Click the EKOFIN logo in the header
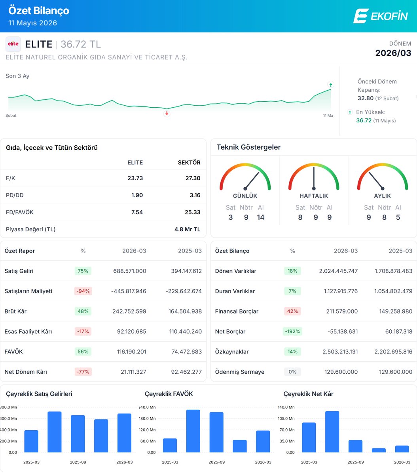(381, 16)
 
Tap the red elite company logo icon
(13, 44)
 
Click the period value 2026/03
(393, 53)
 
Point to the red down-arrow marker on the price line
(167, 114)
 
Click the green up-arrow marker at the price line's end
(330, 85)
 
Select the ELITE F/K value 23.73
(135, 178)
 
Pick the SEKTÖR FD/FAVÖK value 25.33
(192, 212)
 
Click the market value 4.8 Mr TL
(187, 229)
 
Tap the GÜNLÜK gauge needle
(252, 180)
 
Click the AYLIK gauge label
(382, 196)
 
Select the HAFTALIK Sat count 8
(300, 217)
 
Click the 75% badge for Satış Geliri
(83, 271)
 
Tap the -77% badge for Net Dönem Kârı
(83, 372)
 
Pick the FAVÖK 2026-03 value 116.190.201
(131, 351)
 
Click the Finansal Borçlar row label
(237, 311)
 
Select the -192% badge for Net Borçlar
(292, 331)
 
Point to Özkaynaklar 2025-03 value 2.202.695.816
(393, 351)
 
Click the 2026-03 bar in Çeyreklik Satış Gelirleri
(124, 433)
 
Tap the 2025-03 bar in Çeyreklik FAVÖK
(170, 445)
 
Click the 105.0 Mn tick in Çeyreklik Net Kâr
(286, 418)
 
